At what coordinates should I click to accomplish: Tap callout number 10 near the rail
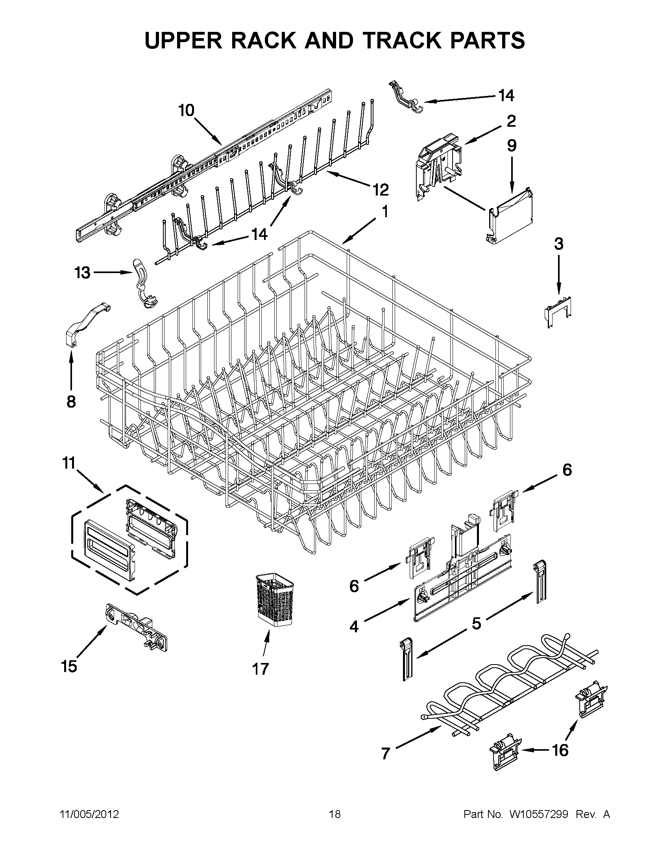click(187, 111)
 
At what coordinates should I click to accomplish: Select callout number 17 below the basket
click(261, 669)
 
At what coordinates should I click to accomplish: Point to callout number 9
click(512, 146)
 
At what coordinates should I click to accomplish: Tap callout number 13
click(83, 273)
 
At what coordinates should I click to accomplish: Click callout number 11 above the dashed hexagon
click(69, 463)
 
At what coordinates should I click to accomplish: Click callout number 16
click(560, 750)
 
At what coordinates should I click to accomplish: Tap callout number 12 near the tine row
click(380, 190)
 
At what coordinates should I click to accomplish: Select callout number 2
click(511, 121)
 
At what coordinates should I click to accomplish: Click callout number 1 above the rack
click(384, 212)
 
